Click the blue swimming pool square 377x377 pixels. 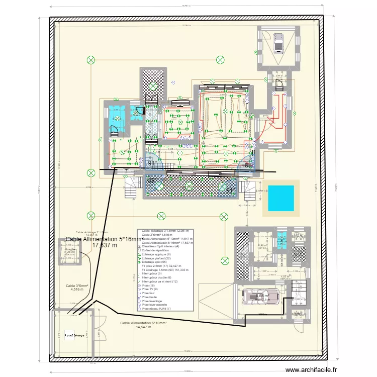pos(280,198)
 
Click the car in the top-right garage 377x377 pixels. pos(278,42)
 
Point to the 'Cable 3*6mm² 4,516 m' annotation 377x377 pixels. pos(76,288)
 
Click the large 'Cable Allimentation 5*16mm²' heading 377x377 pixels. pos(104,240)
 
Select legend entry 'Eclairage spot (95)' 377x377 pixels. pos(156,262)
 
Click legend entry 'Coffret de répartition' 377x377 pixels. pos(158,250)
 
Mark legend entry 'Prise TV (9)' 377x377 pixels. pos(150,289)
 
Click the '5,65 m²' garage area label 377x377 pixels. pos(262,297)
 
